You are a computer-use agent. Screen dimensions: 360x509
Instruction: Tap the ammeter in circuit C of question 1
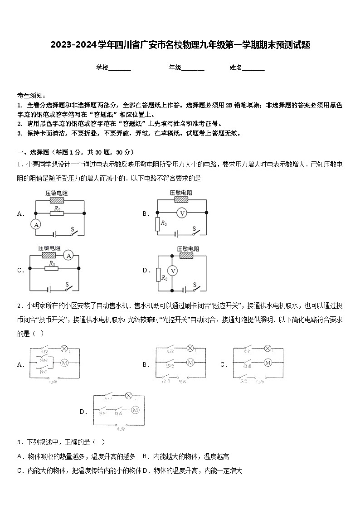[68, 256]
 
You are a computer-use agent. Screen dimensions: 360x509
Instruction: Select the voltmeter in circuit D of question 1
[172, 271]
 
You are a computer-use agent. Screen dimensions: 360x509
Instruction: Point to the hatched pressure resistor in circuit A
[56, 200]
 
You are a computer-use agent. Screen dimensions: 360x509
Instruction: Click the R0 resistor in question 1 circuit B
[157, 224]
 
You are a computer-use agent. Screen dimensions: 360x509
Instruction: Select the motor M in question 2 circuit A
[64, 362]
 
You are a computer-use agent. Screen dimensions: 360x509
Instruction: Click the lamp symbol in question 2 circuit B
[190, 349]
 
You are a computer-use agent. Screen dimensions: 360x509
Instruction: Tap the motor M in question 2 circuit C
[268, 363]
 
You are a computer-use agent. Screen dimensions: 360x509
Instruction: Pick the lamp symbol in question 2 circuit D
[128, 396]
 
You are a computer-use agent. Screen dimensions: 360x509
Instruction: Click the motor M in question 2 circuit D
[135, 410]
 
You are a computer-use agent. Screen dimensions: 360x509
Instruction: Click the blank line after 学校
[120, 68]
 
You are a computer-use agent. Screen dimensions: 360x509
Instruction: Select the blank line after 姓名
[253, 68]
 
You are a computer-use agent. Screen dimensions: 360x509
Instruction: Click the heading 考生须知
[31, 96]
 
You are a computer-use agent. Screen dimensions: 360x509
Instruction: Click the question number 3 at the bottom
[19, 442]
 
